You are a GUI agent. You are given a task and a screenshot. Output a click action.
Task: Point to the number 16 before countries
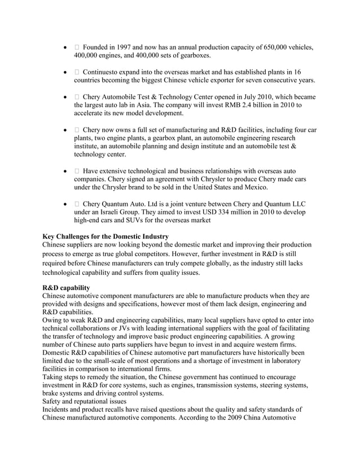[x=297, y=72]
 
